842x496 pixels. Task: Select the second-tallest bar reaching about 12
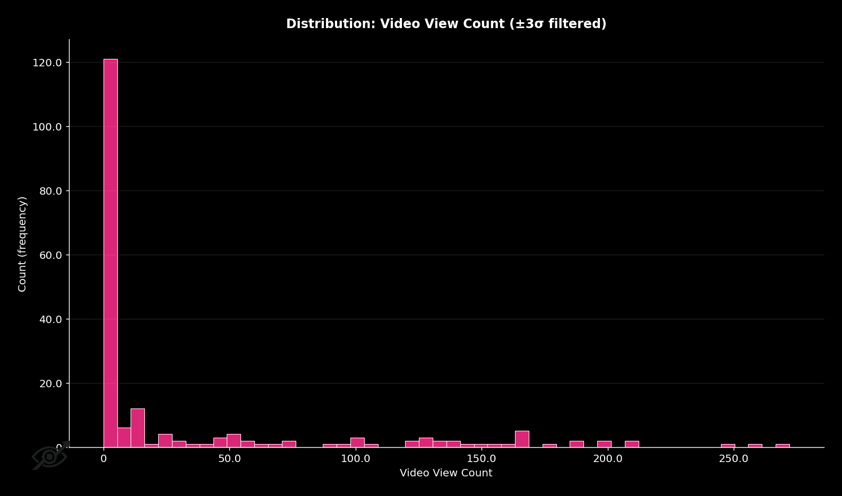coord(138,428)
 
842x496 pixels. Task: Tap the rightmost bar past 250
coord(782,446)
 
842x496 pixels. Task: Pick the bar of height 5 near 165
coord(522,439)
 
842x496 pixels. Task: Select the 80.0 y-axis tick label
coord(50,191)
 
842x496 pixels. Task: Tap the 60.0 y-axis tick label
coord(50,255)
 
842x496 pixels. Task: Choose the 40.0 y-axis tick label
coord(50,319)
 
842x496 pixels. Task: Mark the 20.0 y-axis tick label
coord(50,384)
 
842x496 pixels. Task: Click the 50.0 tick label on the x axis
coord(229,459)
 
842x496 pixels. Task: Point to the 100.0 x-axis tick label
coord(355,459)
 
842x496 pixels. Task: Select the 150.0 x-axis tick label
coord(482,459)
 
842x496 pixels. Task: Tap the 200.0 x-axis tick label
coord(607,459)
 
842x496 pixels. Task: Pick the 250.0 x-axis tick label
coord(733,459)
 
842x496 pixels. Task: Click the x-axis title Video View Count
coord(446,473)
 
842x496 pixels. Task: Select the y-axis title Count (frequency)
coord(22,244)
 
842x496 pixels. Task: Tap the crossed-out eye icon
coord(50,456)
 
